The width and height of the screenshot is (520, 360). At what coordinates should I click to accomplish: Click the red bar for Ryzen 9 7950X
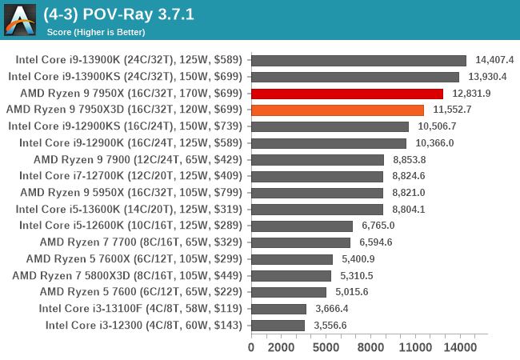(346, 94)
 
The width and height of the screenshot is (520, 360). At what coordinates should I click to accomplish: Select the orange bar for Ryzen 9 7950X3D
(337, 110)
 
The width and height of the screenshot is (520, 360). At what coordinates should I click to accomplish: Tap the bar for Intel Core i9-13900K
(358, 60)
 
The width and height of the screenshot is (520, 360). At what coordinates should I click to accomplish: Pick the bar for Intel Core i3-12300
(278, 325)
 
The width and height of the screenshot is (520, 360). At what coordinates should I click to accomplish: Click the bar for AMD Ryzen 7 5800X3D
(290, 275)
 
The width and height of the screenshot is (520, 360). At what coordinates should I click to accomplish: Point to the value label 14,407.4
(494, 60)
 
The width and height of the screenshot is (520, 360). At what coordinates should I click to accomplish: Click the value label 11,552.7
(452, 110)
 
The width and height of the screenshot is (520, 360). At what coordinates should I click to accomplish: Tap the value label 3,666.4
(330, 309)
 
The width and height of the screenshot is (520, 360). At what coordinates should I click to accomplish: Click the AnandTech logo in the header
(20, 20)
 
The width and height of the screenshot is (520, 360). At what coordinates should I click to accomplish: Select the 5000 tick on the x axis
(326, 348)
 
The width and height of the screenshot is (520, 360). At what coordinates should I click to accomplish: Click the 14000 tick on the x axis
(460, 348)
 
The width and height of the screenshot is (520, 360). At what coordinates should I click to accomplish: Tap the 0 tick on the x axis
(251, 348)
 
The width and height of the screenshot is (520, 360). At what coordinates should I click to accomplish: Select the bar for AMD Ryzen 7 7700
(300, 242)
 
